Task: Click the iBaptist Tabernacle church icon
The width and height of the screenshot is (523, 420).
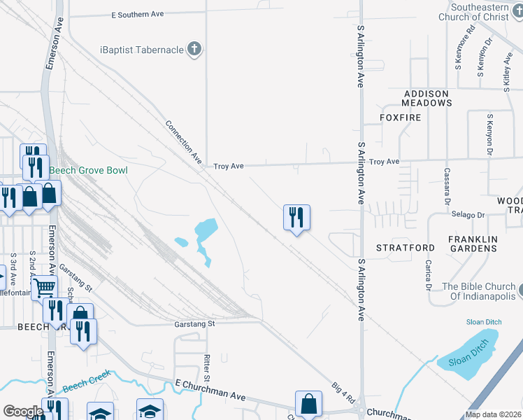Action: (195, 49)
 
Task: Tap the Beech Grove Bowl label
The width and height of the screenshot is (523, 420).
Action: (89, 170)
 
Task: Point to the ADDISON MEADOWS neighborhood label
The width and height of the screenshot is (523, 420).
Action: (427, 98)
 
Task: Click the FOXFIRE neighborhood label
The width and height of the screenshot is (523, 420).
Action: (401, 118)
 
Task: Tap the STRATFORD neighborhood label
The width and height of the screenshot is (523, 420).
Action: (406, 248)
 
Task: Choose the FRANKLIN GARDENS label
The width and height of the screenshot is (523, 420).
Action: (473, 244)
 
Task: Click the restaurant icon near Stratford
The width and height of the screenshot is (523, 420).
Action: (296, 218)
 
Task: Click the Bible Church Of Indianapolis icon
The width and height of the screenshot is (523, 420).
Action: (522, 288)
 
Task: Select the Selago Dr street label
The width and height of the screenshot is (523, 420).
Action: (468, 215)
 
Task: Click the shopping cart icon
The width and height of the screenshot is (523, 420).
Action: (44, 286)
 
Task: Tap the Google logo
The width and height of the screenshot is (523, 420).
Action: (22, 412)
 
